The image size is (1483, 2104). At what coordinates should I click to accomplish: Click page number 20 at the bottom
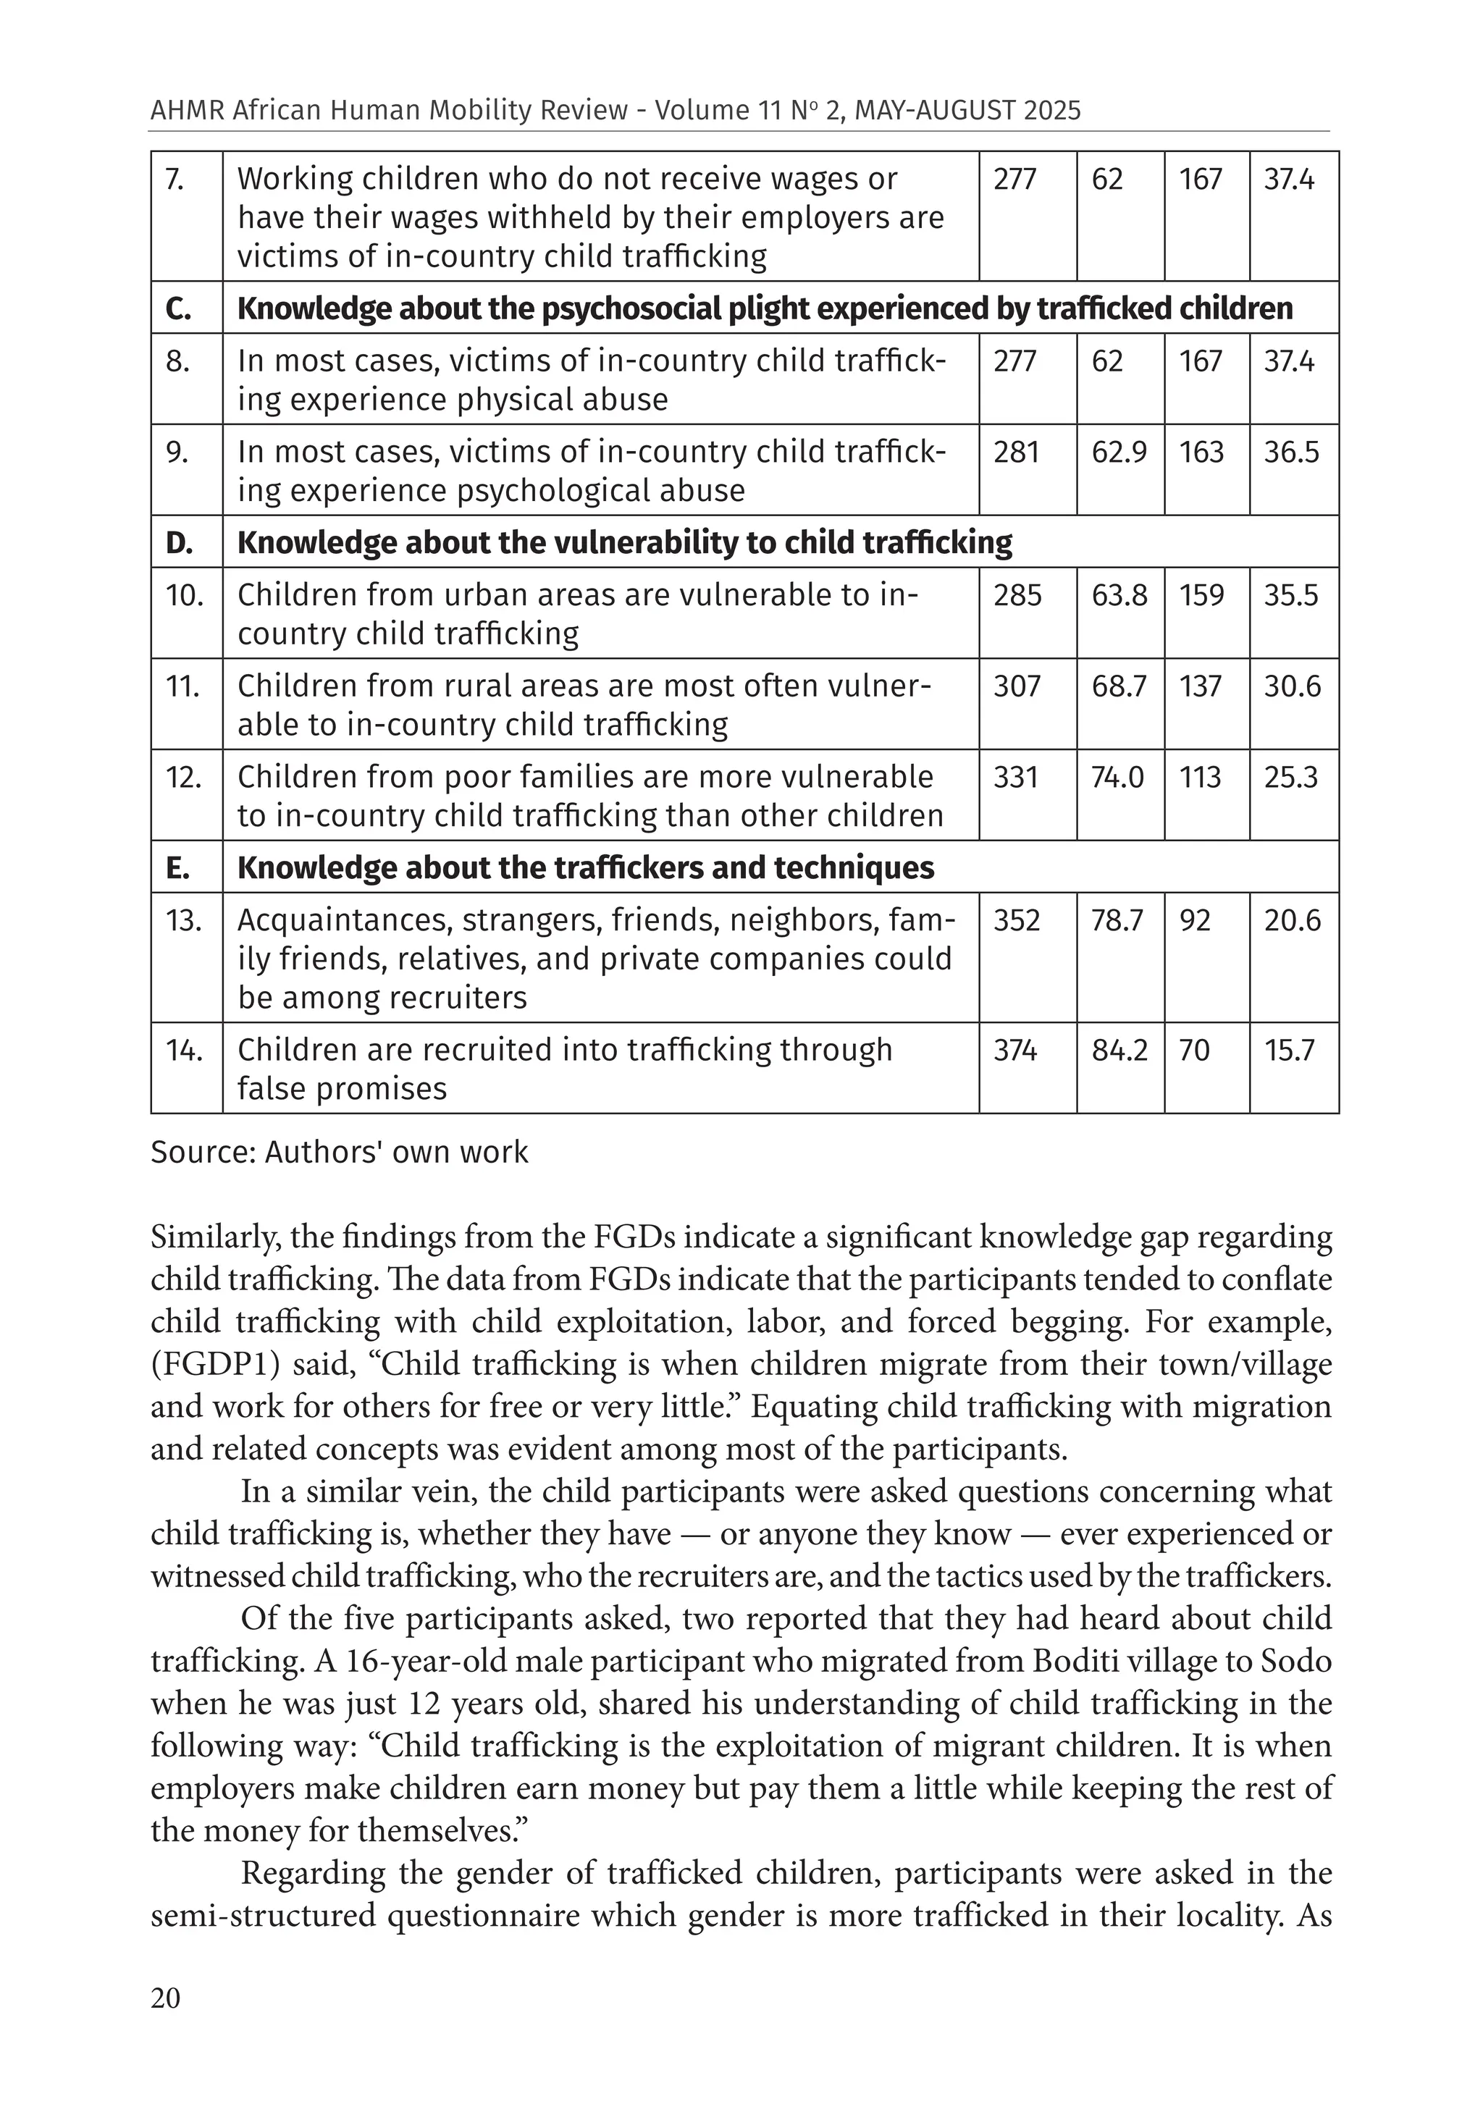166,1998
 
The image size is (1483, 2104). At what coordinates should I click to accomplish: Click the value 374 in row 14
1014,1050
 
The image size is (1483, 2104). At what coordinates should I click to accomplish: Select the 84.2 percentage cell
1119,1050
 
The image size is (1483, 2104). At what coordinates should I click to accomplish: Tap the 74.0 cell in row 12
1117,777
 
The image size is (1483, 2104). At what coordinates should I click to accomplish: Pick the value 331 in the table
1017,777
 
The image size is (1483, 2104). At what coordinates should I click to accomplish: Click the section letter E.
178,868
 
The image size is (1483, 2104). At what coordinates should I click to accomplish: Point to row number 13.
183,920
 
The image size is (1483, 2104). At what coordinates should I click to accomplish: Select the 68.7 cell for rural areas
1119,686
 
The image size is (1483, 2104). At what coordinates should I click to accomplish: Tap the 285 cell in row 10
1017,596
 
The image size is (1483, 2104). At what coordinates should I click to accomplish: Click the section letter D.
179,542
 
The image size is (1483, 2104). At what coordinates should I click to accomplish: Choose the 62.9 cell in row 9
1119,452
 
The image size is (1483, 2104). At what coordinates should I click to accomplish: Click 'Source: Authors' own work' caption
339,1152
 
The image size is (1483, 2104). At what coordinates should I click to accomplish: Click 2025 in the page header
1053,111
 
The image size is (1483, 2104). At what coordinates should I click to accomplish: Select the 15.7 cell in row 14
1290,1050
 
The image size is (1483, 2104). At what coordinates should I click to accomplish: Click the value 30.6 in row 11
1293,686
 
